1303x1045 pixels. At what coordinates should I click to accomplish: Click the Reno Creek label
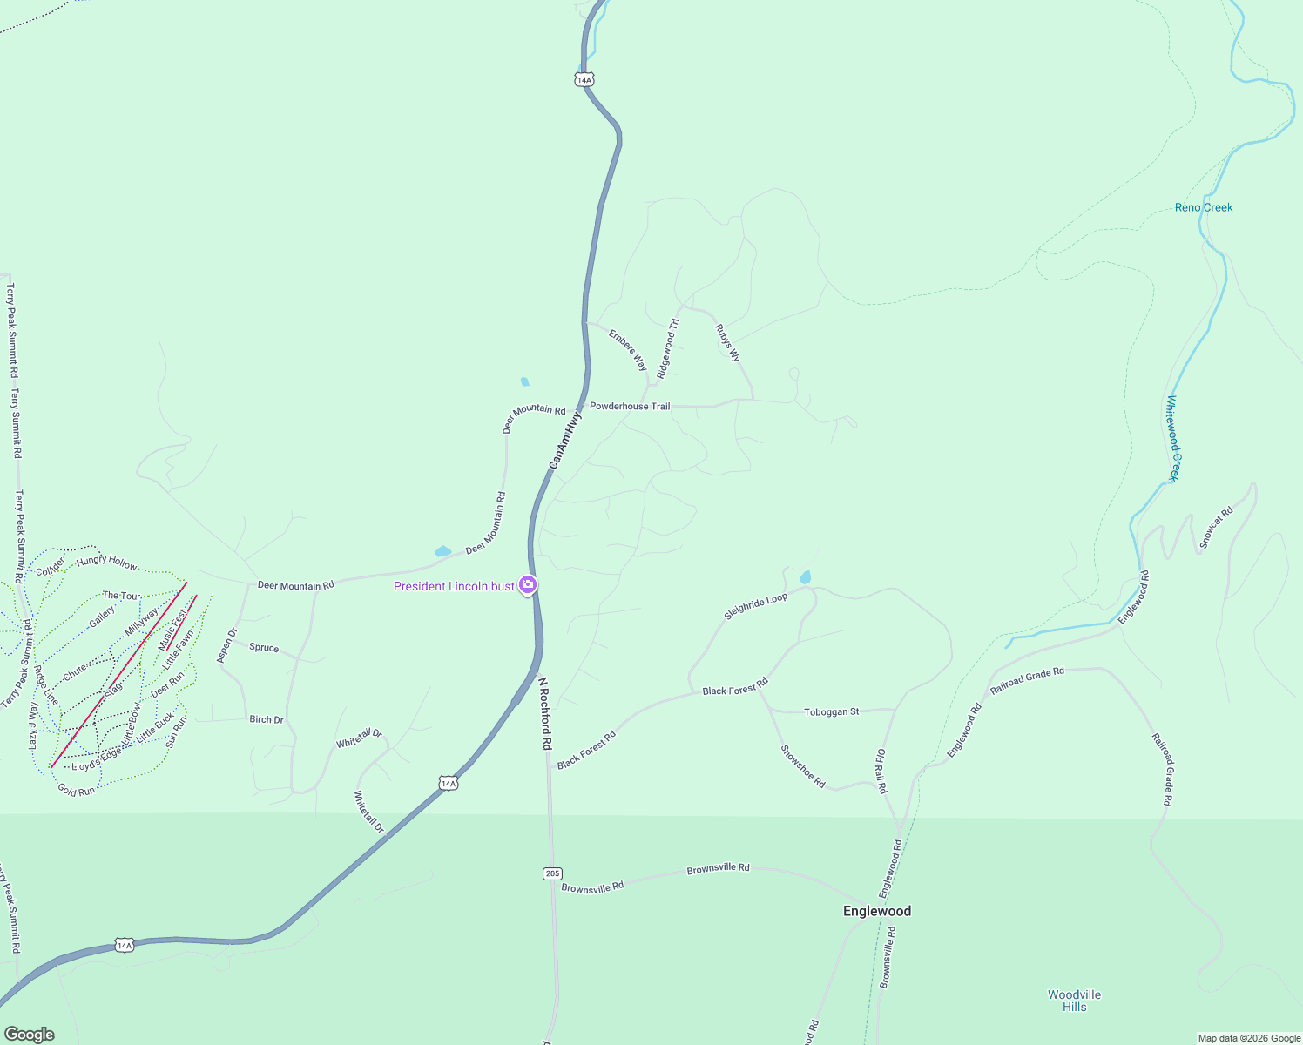tap(1204, 207)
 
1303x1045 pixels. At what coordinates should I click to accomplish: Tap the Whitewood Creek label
tap(1173, 438)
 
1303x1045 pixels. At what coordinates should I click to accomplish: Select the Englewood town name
tap(877, 911)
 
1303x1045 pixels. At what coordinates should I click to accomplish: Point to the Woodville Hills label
tap(1074, 1001)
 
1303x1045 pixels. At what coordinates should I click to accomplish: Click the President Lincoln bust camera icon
tap(527, 585)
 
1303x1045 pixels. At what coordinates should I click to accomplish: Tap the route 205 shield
tap(552, 873)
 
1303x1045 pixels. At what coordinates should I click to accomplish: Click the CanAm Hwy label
tap(565, 441)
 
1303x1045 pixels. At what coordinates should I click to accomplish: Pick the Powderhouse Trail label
tap(630, 406)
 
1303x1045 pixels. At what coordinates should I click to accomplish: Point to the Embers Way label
tap(628, 350)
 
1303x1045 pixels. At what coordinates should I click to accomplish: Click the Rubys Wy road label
tap(727, 343)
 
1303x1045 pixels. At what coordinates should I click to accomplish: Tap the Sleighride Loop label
tap(755, 607)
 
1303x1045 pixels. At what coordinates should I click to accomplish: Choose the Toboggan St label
tap(831, 711)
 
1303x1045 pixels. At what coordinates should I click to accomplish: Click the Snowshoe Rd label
tap(802, 766)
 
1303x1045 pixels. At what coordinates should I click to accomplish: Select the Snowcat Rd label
tap(1216, 527)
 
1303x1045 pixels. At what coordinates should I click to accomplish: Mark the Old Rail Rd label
tap(881, 771)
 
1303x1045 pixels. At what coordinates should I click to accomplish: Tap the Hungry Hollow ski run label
tap(106, 563)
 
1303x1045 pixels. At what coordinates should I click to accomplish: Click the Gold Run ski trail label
tap(77, 791)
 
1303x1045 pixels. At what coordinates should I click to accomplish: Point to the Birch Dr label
tap(267, 719)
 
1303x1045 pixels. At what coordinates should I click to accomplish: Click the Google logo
tap(29, 1035)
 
